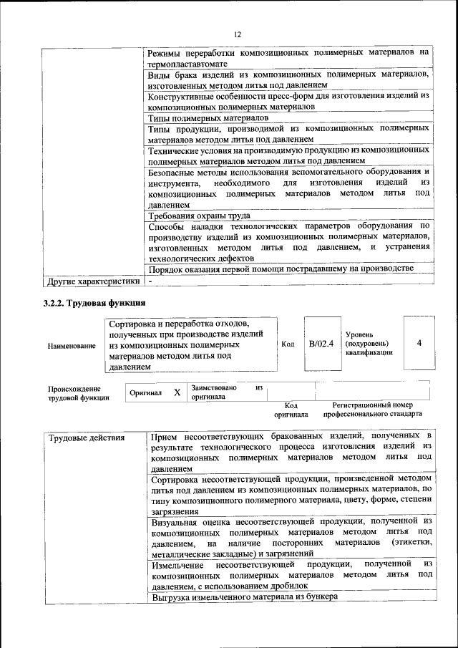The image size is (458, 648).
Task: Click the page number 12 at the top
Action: (237, 34)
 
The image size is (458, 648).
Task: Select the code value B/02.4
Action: (321, 344)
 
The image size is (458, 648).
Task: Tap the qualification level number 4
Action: (419, 344)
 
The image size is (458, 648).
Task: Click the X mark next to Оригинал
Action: (177, 393)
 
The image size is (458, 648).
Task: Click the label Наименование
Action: (72, 346)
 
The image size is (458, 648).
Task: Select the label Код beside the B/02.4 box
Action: (288, 344)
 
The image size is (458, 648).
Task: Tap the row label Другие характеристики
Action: (92, 281)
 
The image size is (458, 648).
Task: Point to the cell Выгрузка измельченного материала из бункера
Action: (244, 597)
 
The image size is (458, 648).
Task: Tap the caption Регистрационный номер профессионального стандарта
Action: (372, 410)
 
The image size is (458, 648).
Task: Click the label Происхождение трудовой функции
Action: (79, 393)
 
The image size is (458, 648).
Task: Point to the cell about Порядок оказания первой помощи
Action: (281, 269)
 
